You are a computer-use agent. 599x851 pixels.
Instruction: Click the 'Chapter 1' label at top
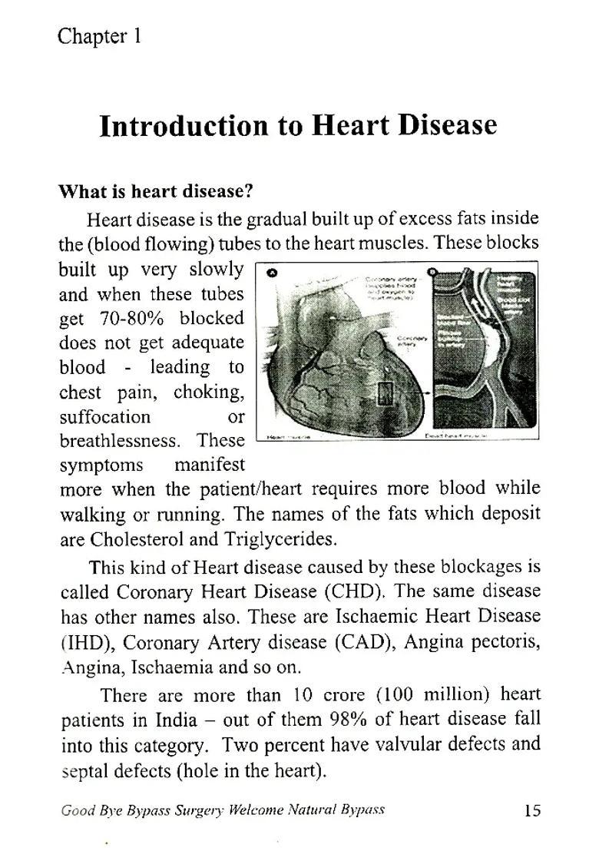(x=99, y=36)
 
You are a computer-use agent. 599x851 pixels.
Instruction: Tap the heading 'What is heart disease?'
(x=156, y=191)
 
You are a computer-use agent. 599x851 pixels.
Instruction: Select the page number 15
(x=532, y=810)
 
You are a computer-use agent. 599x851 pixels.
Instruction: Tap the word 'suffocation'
(x=105, y=417)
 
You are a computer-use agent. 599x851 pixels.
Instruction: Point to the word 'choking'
(x=208, y=392)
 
